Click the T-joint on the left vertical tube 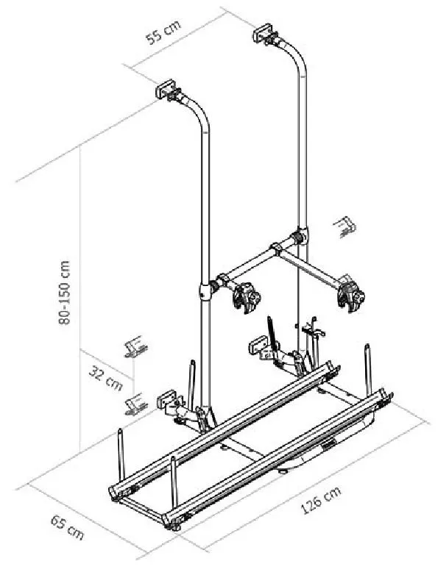click(x=205, y=290)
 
